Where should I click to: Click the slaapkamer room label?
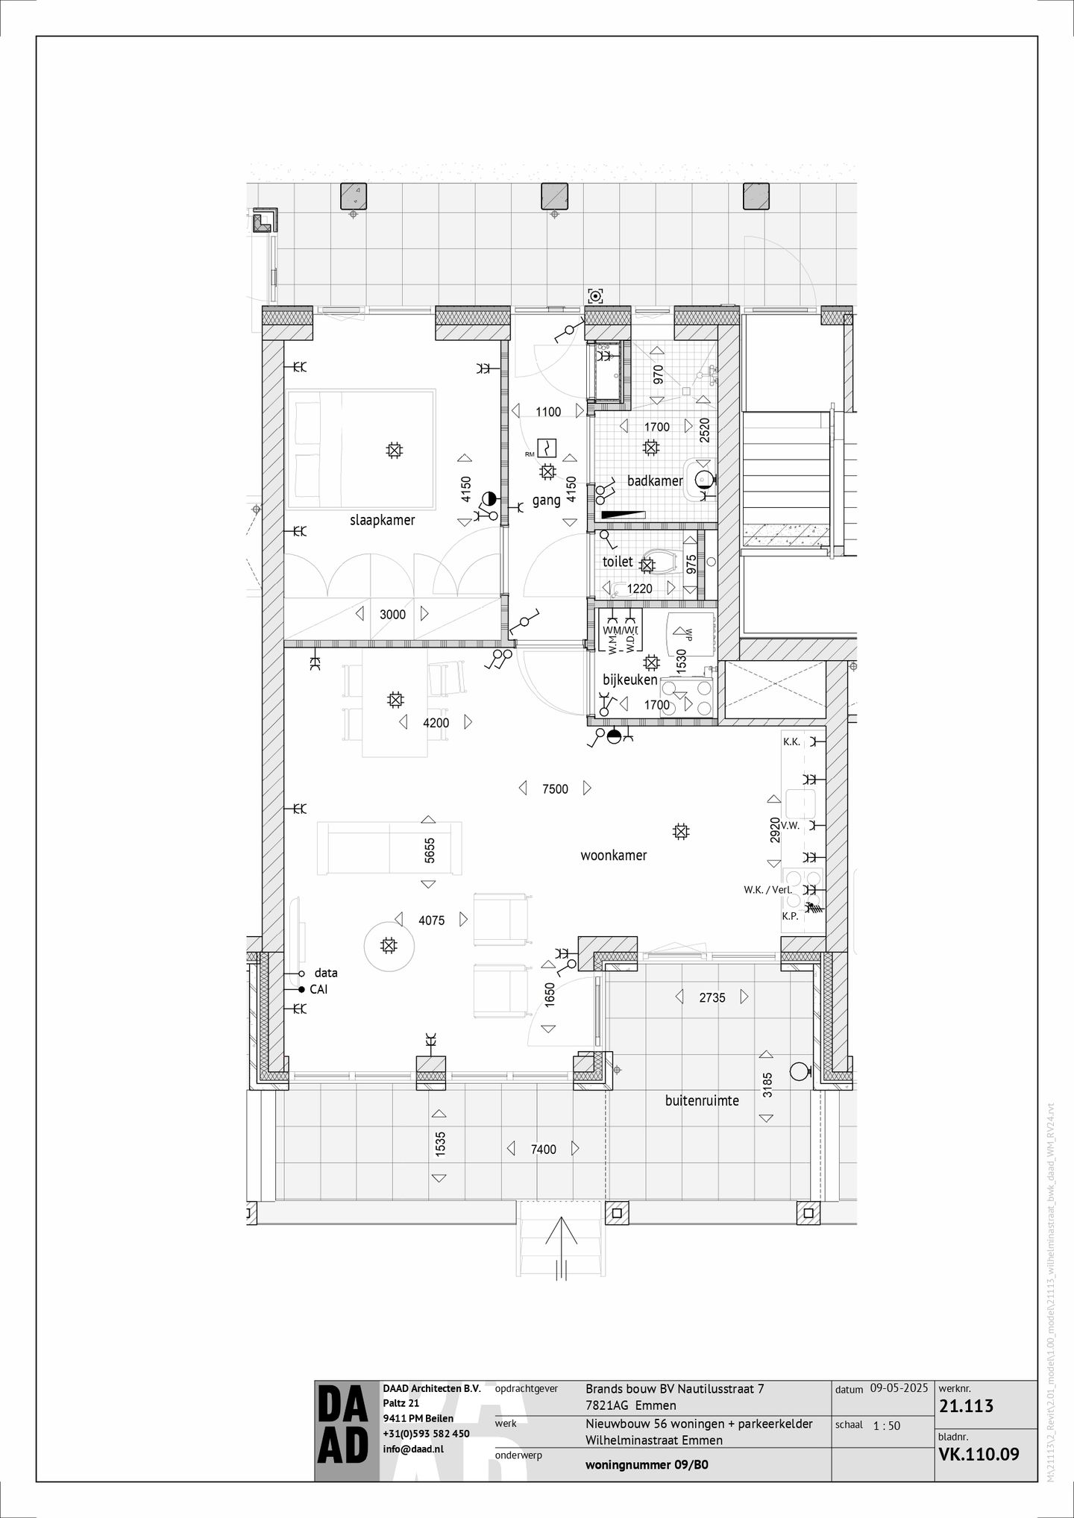point(382,520)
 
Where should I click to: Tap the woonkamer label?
point(613,856)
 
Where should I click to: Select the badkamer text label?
point(655,481)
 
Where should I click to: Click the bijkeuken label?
point(629,680)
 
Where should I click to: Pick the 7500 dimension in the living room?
point(555,788)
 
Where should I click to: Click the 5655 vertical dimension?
point(429,851)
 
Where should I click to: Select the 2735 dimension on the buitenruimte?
point(712,997)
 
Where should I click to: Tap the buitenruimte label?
point(702,1100)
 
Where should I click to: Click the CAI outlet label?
point(318,990)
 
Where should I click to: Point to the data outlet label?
point(326,973)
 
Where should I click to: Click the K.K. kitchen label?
point(791,742)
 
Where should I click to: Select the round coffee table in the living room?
point(388,946)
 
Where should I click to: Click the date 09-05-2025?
point(899,1389)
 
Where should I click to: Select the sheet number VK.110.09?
point(978,1454)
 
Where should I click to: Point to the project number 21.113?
point(967,1407)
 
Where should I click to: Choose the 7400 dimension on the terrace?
point(543,1150)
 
